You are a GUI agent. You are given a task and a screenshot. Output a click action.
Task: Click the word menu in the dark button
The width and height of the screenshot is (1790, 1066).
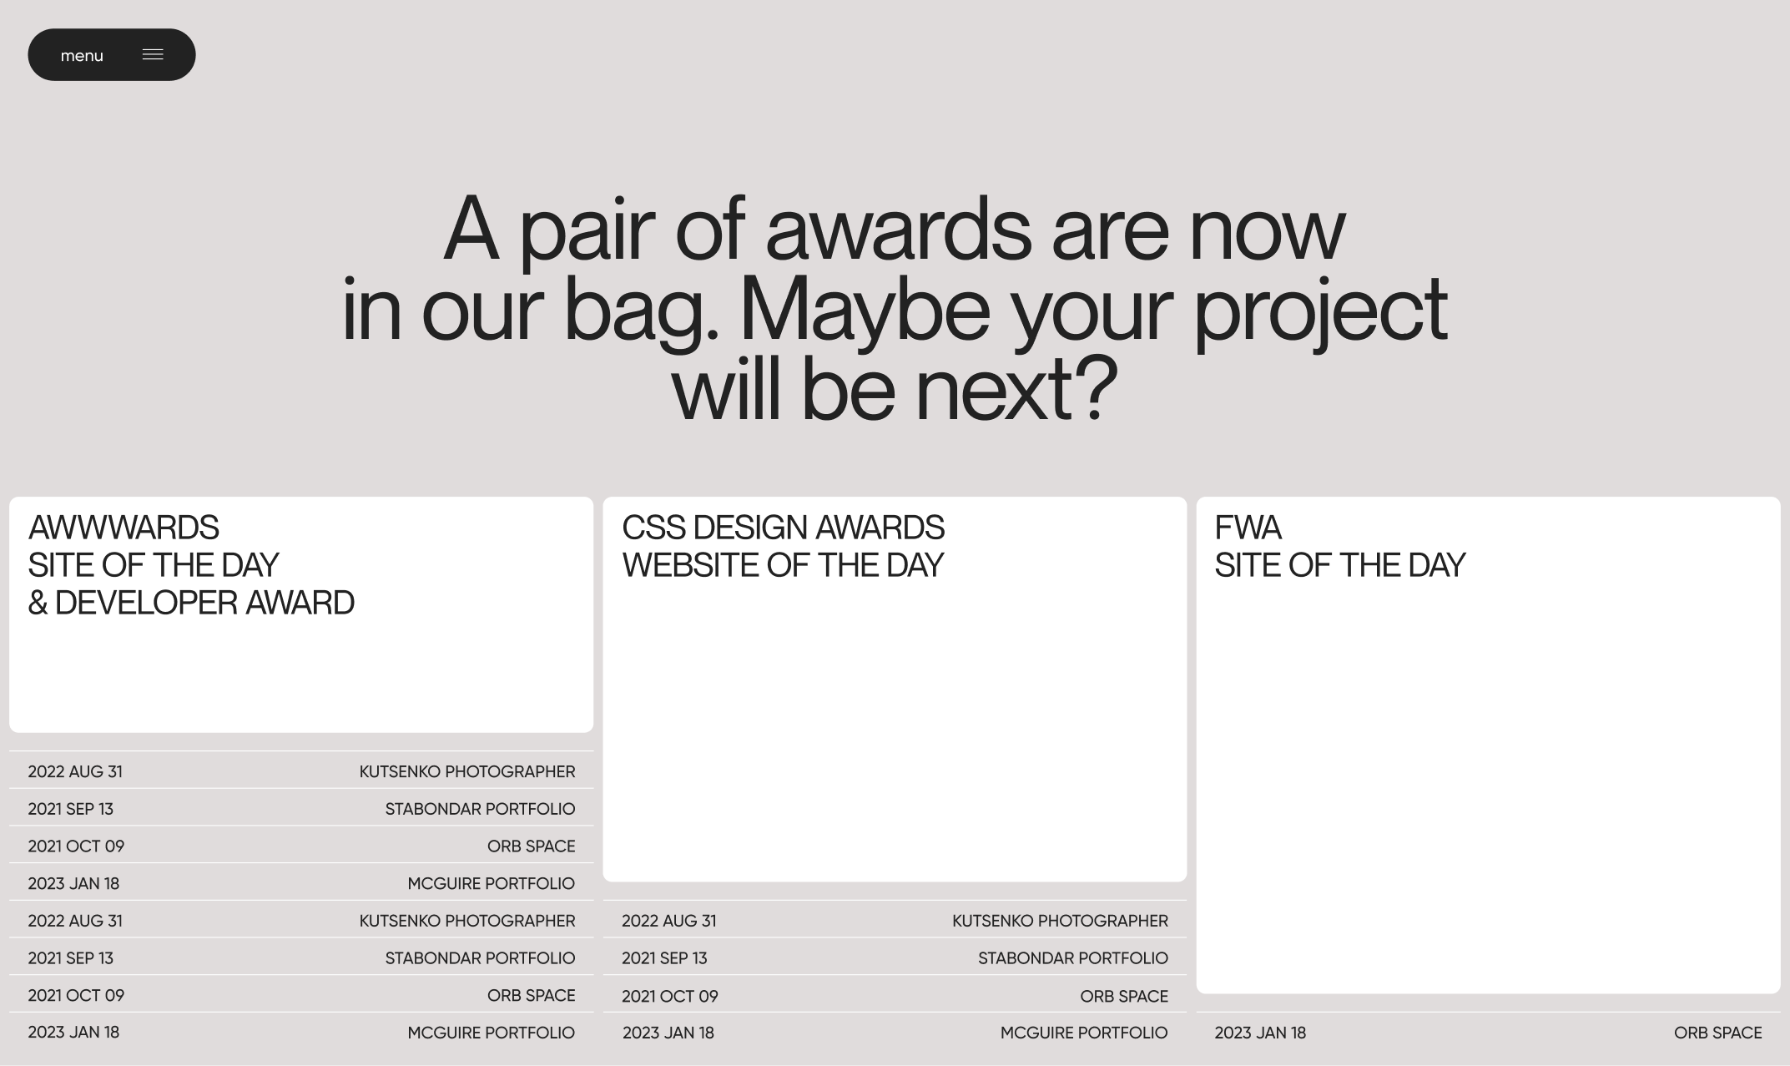pyautogui.click(x=82, y=56)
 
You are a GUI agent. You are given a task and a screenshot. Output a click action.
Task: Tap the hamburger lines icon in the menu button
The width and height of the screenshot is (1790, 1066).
pyautogui.click(x=153, y=54)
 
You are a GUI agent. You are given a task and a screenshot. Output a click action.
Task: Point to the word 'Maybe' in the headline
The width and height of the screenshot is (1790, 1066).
pyautogui.click(x=865, y=310)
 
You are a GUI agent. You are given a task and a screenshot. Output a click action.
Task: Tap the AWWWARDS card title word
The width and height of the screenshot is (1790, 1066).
pyautogui.click(x=124, y=528)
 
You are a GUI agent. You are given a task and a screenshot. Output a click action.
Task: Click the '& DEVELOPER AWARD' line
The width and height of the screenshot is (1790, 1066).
pyautogui.click(x=191, y=603)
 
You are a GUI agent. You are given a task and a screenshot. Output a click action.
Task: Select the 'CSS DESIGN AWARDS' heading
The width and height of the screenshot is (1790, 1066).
pyautogui.click(x=783, y=528)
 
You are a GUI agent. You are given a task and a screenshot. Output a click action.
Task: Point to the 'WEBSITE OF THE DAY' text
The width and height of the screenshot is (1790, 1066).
pyautogui.click(x=783, y=565)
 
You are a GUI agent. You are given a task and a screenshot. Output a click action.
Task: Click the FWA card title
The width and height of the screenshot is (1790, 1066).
pyautogui.click(x=1248, y=528)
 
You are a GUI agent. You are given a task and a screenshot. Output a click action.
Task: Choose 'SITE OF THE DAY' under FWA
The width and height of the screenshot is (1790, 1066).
pyautogui.click(x=1339, y=565)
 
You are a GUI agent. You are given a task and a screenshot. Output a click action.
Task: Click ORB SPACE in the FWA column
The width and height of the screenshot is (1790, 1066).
pyautogui.click(x=1717, y=1033)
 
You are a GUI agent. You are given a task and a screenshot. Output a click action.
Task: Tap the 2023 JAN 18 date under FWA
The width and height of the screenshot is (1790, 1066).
pyautogui.click(x=1260, y=1033)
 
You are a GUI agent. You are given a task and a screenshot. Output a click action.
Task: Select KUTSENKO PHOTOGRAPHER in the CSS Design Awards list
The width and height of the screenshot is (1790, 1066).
pyautogui.click(x=1060, y=921)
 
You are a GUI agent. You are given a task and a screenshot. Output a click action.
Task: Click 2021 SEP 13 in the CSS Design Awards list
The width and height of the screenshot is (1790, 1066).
pyautogui.click(x=664, y=958)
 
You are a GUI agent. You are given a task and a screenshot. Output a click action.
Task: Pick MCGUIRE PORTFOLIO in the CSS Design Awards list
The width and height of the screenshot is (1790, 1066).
pyautogui.click(x=1084, y=1033)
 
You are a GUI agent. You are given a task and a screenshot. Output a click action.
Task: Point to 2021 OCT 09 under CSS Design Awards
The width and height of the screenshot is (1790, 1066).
pyautogui.click(x=669, y=996)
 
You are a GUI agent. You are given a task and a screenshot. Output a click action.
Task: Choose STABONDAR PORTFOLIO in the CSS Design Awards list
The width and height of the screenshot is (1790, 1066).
pyautogui.click(x=1072, y=958)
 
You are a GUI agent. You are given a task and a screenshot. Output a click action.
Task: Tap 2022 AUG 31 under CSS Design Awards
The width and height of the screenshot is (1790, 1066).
pyautogui.click(x=668, y=921)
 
